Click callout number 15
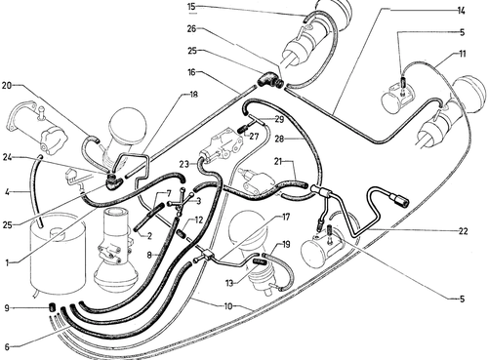point(192,6)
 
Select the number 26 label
point(191,28)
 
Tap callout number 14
point(461,11)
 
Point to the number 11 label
point(462,54)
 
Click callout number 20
point(7,86)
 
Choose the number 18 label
point(193,95)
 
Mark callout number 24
point(8,157)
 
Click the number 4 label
point(7,191)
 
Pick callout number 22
point(463,231)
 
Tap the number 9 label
point(7,307)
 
